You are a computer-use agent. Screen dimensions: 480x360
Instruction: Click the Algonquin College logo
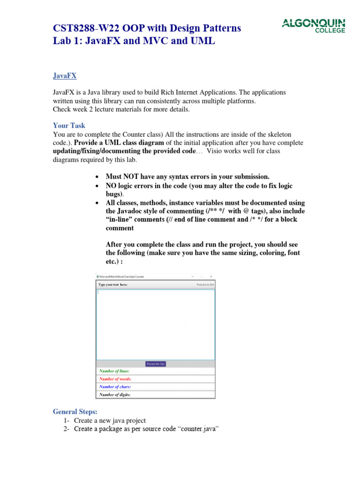coord(313,26)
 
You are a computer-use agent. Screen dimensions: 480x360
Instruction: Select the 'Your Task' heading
coord(69,126)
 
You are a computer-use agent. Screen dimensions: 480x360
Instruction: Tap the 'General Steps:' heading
coord(75,412)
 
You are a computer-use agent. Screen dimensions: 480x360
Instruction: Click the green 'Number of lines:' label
coord(114,371)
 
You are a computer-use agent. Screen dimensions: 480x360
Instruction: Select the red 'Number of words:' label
coord(115,379)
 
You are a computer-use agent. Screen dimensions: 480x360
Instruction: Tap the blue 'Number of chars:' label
coord(115,387)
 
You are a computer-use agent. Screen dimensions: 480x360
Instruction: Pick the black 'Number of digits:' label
coord(115,395)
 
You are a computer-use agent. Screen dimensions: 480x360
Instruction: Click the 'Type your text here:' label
coord(112,285)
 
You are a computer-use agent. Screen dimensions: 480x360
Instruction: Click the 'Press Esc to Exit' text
coord(205,285)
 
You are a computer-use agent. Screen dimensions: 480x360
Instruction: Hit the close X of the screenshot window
coord(211,277)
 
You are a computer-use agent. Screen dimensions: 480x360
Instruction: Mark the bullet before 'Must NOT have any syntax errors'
coord(97,177)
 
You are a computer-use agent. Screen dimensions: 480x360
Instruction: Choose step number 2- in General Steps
coord(67,429)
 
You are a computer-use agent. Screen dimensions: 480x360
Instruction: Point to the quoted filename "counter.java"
coord(199,429)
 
